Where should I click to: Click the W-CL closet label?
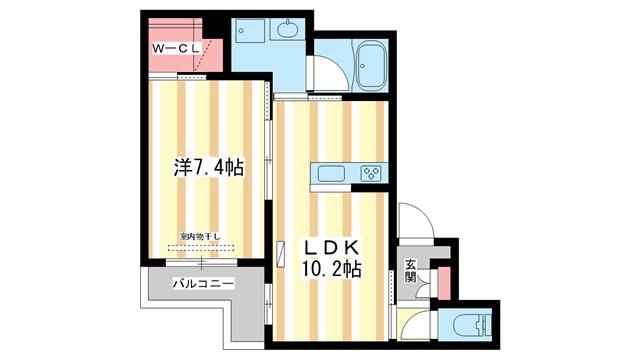point(176,47)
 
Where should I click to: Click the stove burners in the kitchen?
point(371,175)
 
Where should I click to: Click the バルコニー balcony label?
point(203,283)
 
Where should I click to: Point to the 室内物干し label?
point(200,237)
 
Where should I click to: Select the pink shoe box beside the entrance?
point(444,282)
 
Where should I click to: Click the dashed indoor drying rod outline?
point(200,247)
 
